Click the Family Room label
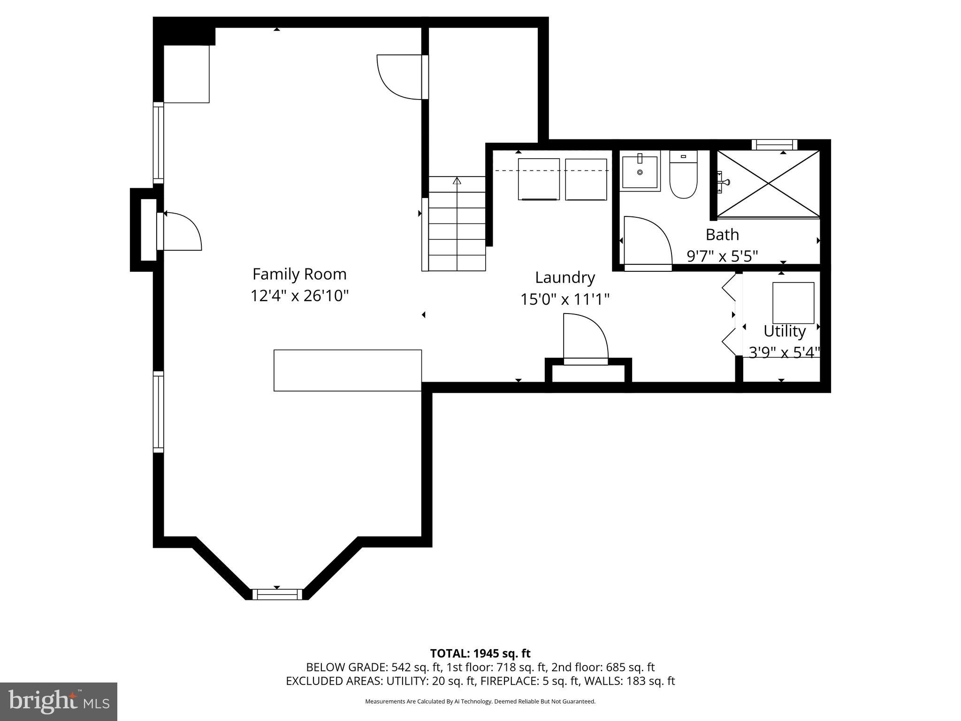coord(299,274)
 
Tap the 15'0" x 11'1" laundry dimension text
coord(564,299)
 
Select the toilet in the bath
coord(683,176)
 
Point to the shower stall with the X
coord(768,184)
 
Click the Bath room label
coord(722,234)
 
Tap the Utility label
coord(784,331)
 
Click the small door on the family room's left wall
coord(181,231)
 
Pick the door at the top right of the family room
coord(402,77)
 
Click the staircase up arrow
coord(457,181)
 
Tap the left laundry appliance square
coord(539,179)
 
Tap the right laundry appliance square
coord(586,179)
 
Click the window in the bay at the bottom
coord(277,594)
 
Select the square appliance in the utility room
coord(793,303)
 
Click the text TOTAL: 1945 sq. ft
coord(480,653)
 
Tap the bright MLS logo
coord(59,701)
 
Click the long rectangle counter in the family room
coord(347,370)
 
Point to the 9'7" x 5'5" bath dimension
coord(722,256)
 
